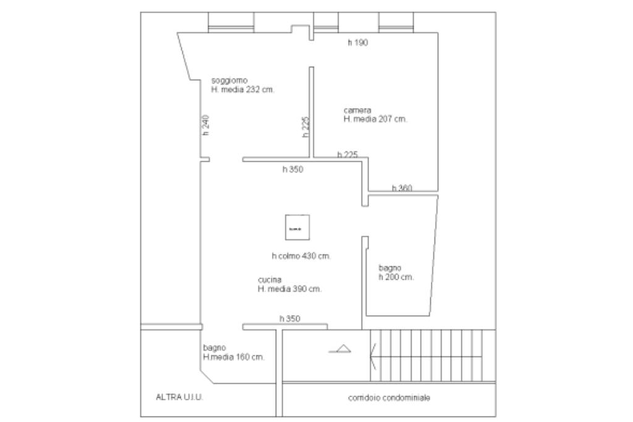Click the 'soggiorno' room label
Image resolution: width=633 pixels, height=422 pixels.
(x=229, y=80)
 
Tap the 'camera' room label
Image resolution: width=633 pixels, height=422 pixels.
(x=357, y=111)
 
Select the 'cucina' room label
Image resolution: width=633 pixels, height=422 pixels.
(x=270, y=280)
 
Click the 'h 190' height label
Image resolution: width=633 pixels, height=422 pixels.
(x=358, y=43)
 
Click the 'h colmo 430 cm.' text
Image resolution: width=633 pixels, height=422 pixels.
(x=301, y=256)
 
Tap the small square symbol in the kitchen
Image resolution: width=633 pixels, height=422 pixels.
(x=295, y=228)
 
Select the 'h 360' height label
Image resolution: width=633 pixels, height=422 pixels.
(x=402, y=188)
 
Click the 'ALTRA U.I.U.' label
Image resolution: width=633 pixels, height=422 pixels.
(x=179, y=397)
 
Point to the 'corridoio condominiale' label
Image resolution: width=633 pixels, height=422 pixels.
(x=389, y=398)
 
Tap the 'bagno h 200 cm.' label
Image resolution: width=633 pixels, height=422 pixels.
(x=396, y=273)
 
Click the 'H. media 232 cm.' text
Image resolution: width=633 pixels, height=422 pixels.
(x=242, y=89)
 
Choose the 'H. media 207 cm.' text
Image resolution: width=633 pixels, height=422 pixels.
(x=375, y=119)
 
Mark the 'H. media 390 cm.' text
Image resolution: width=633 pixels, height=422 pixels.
(x=289, y=289)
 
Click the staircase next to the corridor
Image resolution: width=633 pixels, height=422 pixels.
(x=433, y=355)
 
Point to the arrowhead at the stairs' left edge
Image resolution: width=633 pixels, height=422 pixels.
(x=372, y=355)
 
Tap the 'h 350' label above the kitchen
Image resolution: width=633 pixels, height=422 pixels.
(x=293, y=169)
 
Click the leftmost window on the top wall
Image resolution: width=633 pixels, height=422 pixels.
(x=231, y=21)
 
